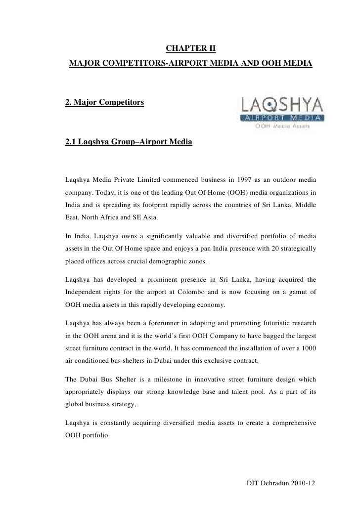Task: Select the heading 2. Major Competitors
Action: click(104, 102)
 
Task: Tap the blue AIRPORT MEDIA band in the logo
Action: click(282, 118)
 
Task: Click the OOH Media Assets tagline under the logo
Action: click(282, 126)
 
